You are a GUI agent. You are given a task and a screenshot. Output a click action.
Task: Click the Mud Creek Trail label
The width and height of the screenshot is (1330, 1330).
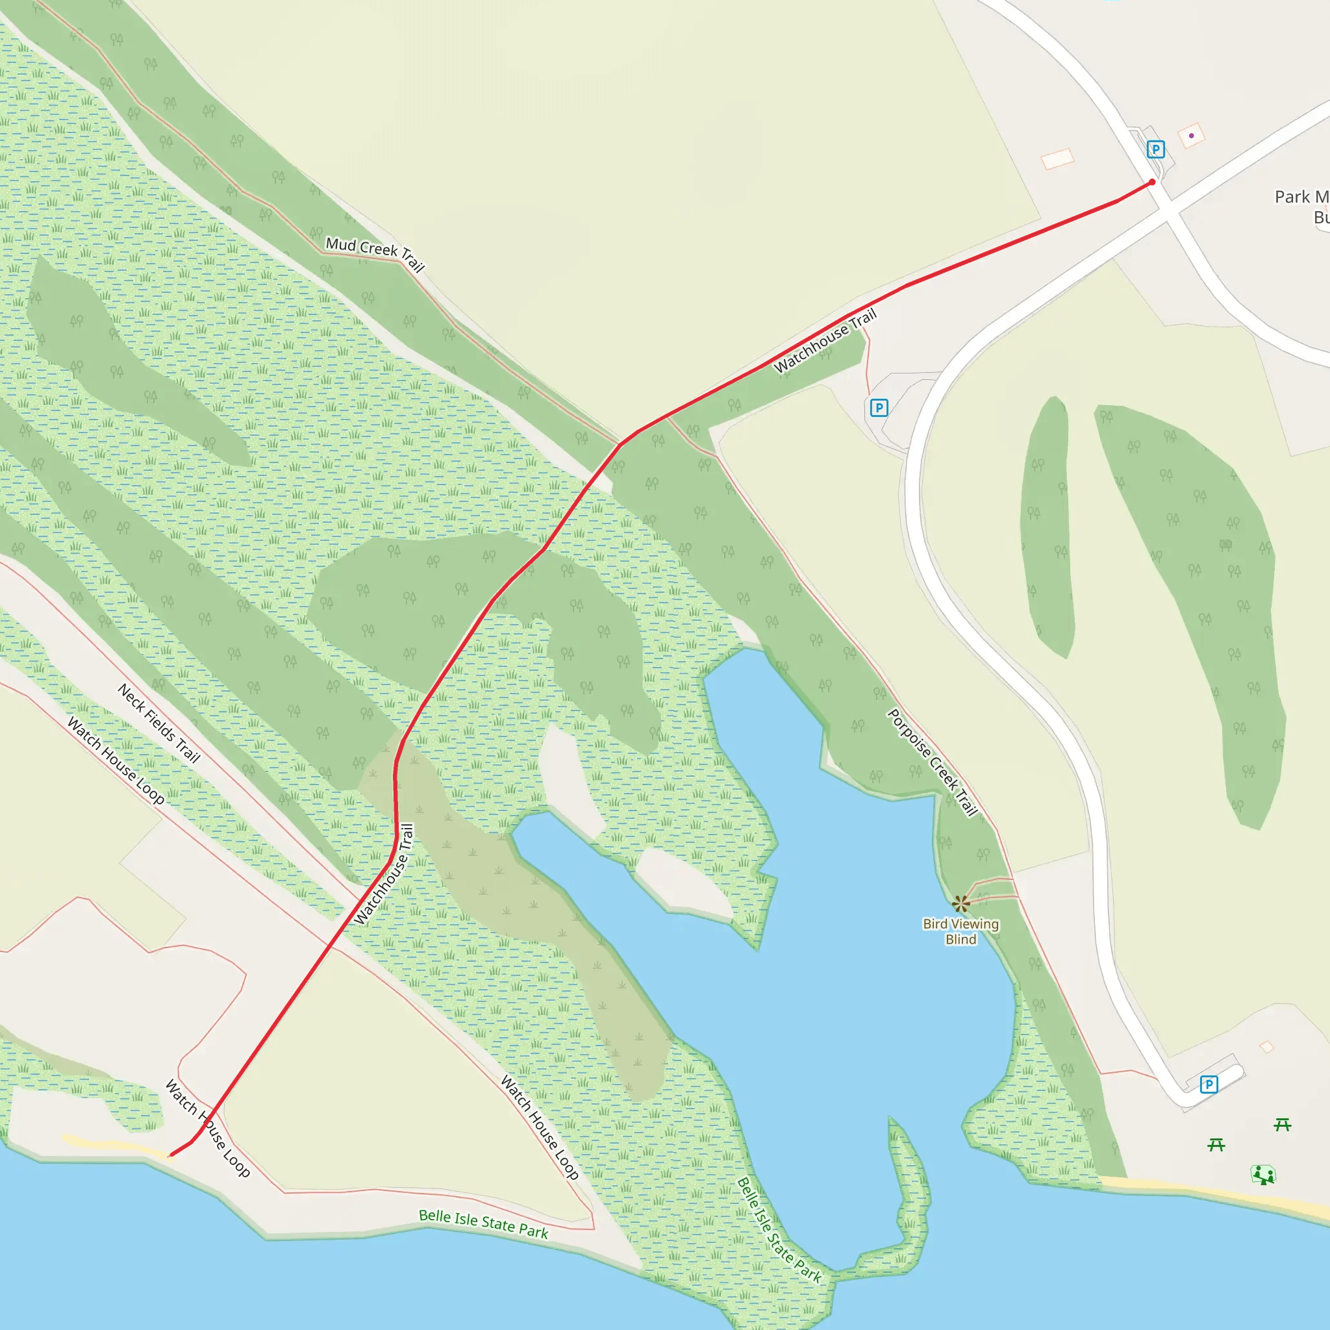coord(375,254)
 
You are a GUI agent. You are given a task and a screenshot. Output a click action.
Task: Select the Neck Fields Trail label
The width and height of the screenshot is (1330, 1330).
coord(159,723)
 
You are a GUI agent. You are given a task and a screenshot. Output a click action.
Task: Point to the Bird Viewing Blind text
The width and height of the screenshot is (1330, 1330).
coord(960,931)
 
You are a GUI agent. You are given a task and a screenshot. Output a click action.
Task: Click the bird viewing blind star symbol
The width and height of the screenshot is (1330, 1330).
coord(961,903)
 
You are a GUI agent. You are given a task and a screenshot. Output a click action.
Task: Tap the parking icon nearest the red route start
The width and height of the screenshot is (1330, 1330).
coord(1156,149)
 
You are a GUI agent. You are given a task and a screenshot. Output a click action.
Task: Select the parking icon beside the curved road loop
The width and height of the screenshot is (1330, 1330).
coord(879,408)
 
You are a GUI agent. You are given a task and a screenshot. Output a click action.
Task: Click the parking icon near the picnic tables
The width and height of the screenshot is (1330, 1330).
coord(1209,1085)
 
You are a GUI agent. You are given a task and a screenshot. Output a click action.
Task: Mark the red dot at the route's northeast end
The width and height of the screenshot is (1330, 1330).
coord(1153,182)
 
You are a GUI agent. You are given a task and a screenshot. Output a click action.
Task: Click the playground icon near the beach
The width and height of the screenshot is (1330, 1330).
coord(1263,1174)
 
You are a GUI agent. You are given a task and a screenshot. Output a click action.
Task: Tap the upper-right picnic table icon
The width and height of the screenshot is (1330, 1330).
coord(1282,1124)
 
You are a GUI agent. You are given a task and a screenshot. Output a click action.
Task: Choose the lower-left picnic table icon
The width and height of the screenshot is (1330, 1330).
coord(1216,1144)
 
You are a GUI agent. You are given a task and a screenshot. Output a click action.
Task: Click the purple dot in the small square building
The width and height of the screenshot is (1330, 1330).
coord(1192,136)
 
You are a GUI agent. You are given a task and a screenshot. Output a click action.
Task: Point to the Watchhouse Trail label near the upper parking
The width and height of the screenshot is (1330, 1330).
coord(825,341)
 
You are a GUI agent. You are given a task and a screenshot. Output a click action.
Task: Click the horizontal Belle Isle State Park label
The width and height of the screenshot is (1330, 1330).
coord(483,1225)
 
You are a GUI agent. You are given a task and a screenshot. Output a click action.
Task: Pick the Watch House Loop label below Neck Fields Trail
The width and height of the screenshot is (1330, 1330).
coord(116,760)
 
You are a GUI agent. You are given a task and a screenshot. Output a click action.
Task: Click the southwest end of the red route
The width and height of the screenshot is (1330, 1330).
coord(171,1155)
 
